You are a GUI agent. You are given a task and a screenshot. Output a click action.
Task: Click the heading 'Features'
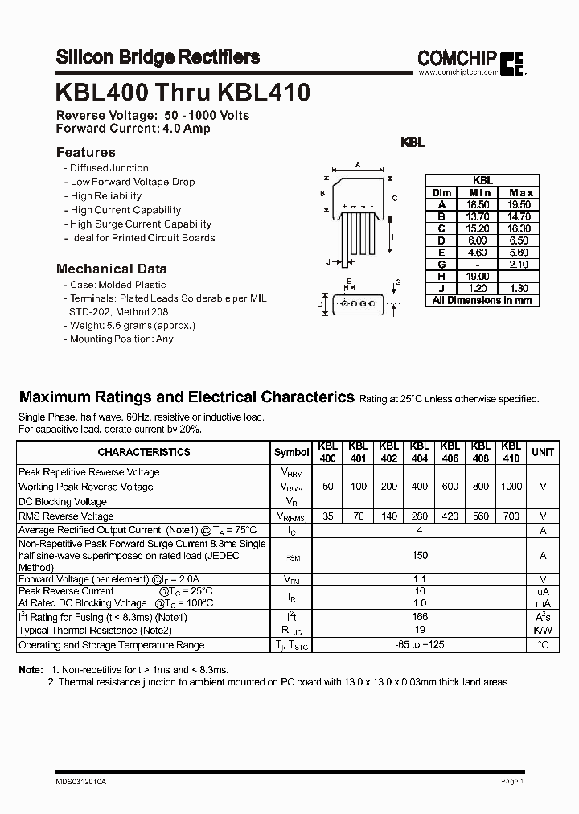(x=86, y=152)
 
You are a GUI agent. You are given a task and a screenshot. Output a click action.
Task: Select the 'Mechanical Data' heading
(x=112, y=269)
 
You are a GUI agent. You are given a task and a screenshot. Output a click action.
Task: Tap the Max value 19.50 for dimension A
(x=520, y=205)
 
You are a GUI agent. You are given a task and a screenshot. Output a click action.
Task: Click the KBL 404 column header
(x=419, y=452)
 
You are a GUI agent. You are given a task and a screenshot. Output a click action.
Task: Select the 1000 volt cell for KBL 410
(x=511, y=487)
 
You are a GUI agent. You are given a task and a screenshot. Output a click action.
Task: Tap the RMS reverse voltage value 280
(x=419, y=516)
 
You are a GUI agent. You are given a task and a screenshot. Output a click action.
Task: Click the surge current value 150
(x=419, y=555)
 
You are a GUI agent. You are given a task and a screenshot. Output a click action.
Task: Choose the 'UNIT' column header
(x=543, y=452)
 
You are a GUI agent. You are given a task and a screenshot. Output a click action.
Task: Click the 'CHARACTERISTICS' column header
(x=144, y=452)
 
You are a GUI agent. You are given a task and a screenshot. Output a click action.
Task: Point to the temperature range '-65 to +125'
(x=419, y=645)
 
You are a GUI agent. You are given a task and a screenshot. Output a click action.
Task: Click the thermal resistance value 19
(x=419, y=631)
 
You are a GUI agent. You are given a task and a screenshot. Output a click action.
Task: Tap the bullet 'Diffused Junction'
(x=109, y=168)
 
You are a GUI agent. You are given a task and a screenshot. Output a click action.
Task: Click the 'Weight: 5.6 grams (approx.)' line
(x=133, y=325)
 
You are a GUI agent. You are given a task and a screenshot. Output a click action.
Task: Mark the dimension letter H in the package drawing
(x=394, y=236)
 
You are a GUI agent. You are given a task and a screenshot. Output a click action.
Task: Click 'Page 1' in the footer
(x=512, y=780)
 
